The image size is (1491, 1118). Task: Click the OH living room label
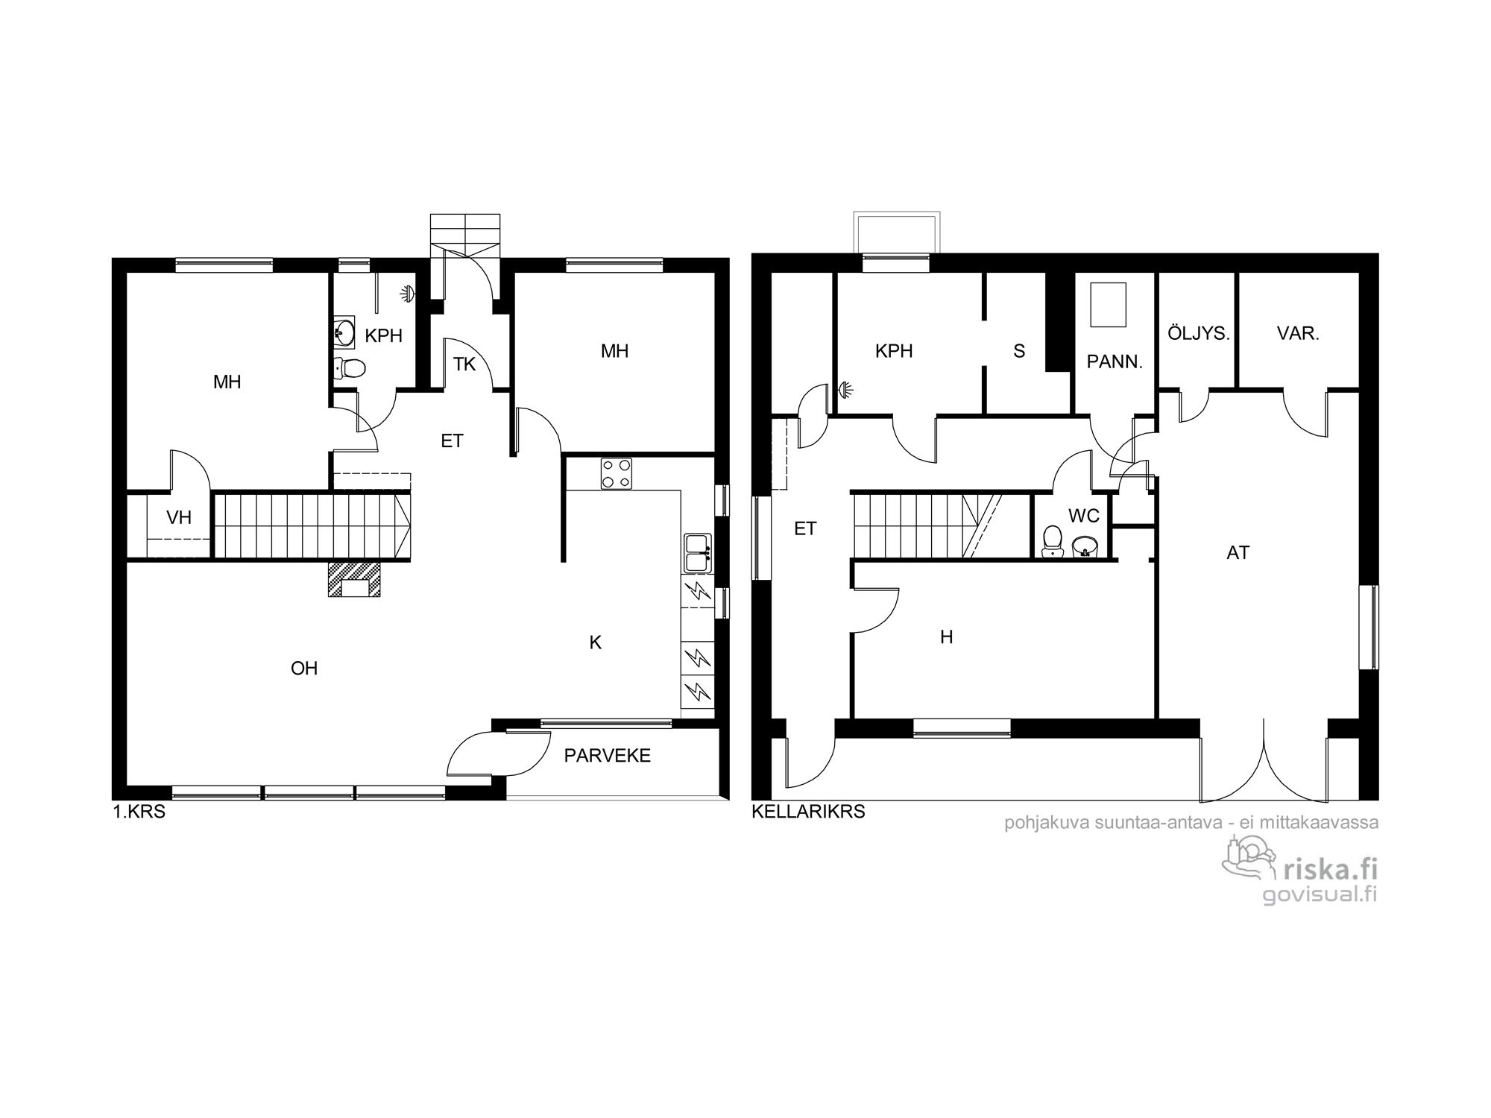point(304,669)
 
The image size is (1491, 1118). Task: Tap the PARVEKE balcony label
point(608,756)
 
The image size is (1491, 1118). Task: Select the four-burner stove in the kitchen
point(617,473)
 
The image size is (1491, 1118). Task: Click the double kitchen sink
point(699,553)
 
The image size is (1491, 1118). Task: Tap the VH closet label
point(179,518)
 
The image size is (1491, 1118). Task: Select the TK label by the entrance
point(464,364)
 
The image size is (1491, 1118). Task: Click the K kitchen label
point(595,642)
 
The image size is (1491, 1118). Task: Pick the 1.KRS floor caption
point(139,812)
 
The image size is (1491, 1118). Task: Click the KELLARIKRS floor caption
point(808,812)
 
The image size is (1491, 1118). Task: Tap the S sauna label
point(1019,351)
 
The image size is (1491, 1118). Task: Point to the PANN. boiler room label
point(1115,362)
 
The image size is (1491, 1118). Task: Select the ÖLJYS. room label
point(1199,333)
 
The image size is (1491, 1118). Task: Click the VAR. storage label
point(1298,334)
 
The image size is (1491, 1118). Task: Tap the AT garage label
point(1238,553)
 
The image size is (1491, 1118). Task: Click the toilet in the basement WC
point(1053,540)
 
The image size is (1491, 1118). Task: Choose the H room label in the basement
point(946,637)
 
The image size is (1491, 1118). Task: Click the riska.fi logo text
point(1329,869)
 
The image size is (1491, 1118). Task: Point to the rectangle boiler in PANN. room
point(1108,305)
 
